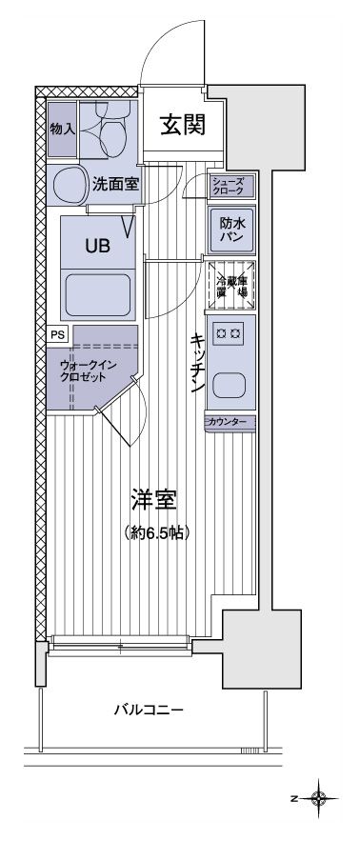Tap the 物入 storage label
click(63, 127)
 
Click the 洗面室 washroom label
click(116, 185)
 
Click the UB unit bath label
click(97, 245)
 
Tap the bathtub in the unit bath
click(98, 292)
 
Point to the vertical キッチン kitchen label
click(197, 363)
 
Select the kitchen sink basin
click(229, 386)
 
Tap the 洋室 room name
click(156, 499)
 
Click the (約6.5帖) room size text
click(156, 532)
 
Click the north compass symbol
click(319, 796)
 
